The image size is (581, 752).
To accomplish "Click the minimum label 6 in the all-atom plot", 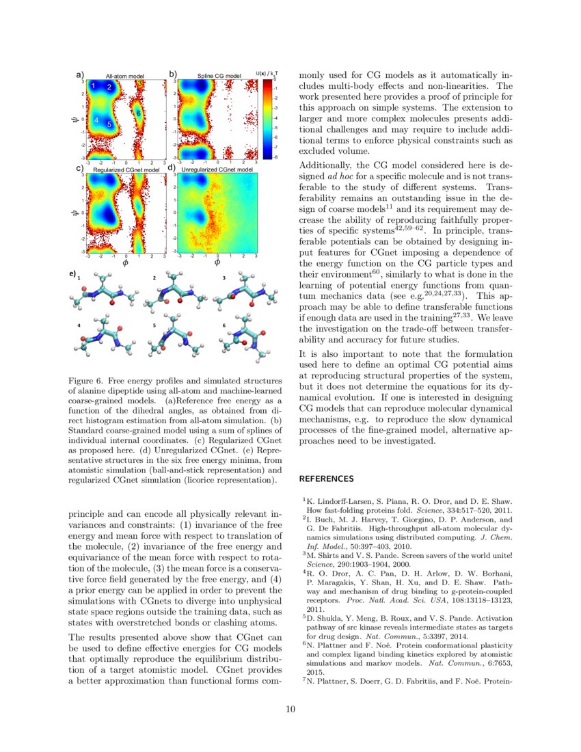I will (137, 113).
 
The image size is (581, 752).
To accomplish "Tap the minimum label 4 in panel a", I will (97, 121).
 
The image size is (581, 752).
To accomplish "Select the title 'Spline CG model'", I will (219, 75).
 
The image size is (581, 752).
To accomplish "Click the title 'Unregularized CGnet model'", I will (217, 169).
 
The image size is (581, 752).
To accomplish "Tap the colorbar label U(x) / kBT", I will (266, 74).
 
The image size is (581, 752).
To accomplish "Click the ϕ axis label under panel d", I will (217, 263).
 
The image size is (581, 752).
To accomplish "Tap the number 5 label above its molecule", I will (154, 325).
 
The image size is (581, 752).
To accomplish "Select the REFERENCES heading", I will (326, 479).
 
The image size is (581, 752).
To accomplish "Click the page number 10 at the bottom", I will (290, 709).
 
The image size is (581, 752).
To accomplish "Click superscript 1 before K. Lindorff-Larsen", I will (304, 500).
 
